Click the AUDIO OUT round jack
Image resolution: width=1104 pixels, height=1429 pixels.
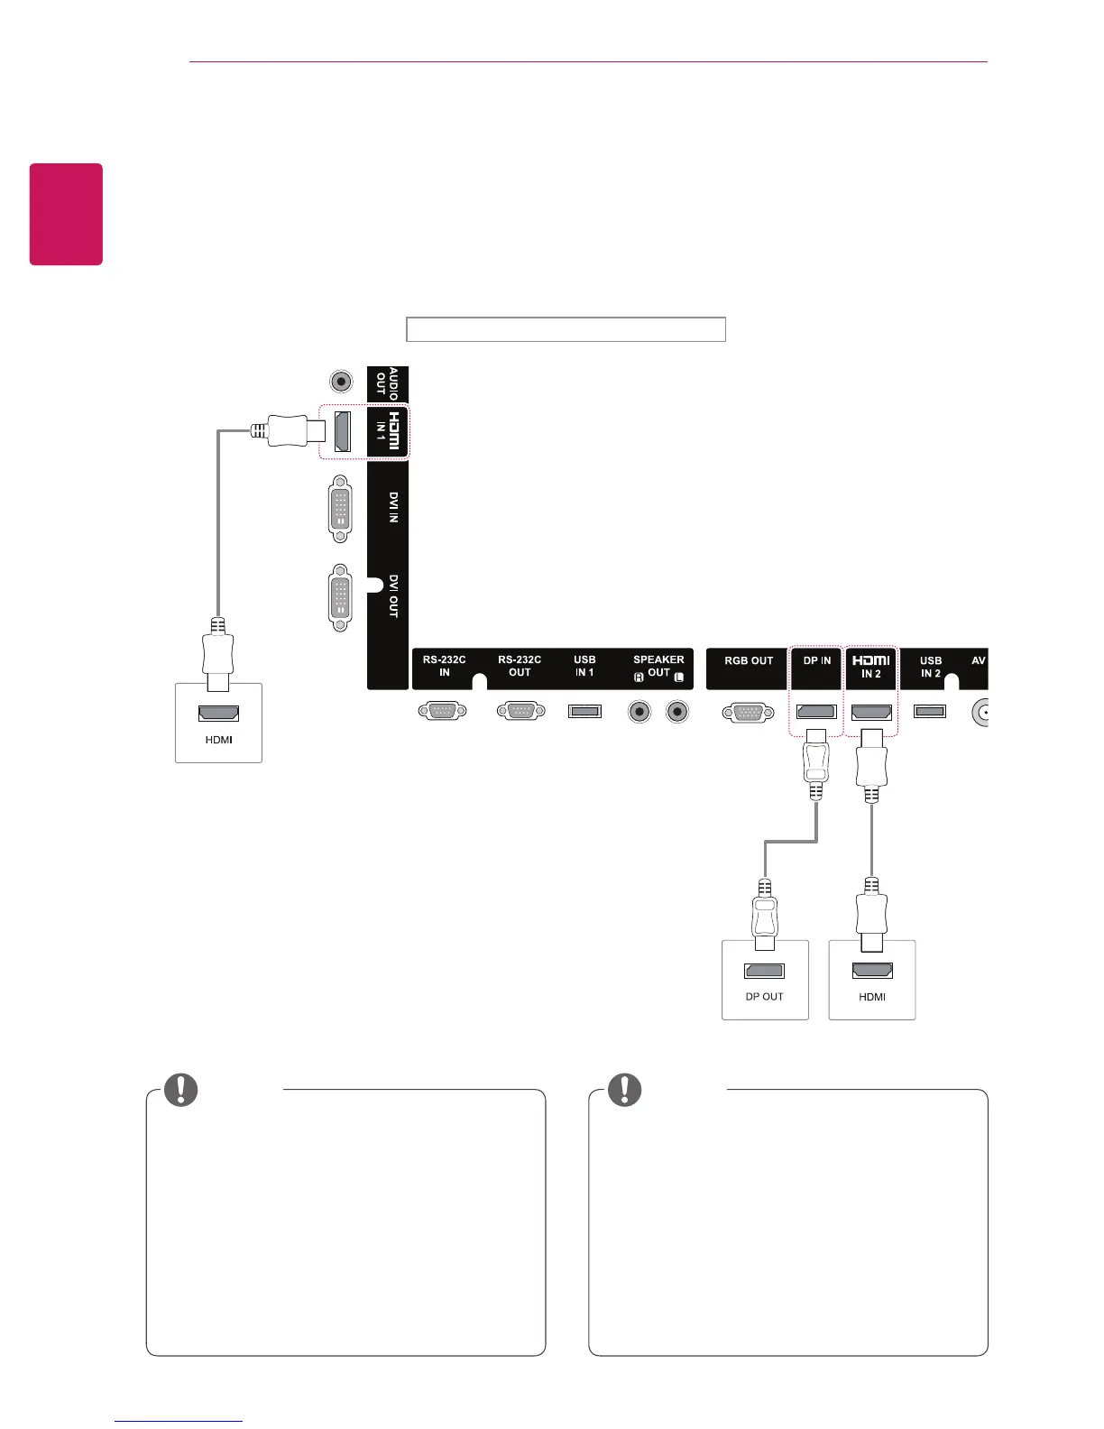341,382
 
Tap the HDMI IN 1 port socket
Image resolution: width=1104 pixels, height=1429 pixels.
343,431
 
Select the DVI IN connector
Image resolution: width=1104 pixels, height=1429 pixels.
340,509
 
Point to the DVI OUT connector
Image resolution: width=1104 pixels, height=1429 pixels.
340,596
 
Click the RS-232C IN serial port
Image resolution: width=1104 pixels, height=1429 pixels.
443,712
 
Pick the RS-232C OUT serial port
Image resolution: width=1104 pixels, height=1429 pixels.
520,712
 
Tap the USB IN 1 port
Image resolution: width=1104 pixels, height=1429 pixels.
584,712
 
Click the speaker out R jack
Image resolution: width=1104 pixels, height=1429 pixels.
639,712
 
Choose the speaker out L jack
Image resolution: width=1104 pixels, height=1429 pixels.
677,712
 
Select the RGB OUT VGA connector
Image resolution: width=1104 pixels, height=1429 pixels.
748,713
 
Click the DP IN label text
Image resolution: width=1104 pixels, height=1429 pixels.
817,661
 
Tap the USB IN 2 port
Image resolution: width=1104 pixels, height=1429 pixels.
929,712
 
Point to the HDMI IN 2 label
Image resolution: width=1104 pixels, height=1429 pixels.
871,668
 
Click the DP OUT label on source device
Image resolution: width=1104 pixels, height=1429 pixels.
764,997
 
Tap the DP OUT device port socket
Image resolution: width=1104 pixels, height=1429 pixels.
764,972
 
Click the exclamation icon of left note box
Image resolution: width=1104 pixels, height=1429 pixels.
181,1090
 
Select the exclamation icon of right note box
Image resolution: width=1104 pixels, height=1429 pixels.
624,1090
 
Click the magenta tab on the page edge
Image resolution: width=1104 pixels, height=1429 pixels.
66,214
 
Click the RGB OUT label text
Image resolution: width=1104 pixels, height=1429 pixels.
749,661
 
